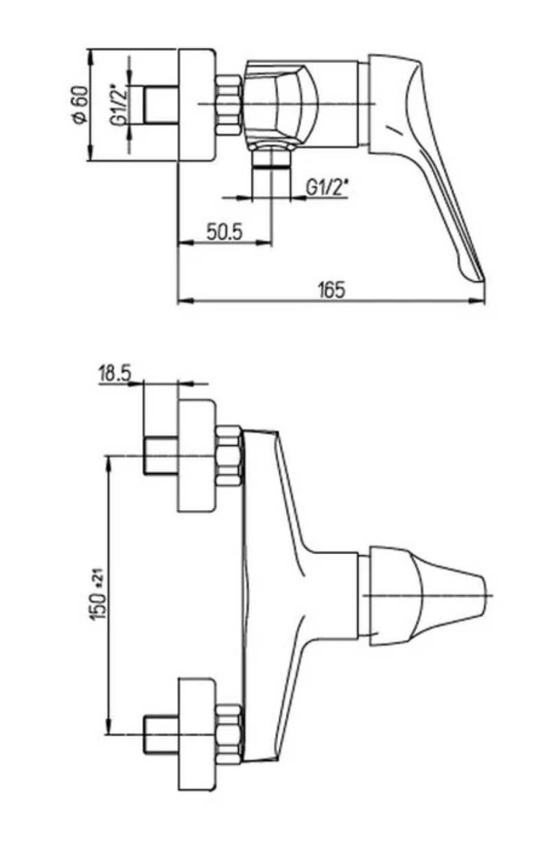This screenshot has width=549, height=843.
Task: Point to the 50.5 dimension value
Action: pos(224,232)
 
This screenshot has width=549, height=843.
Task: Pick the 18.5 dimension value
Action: pos(114,373)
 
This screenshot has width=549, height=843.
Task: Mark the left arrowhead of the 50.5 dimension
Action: pos(186,243)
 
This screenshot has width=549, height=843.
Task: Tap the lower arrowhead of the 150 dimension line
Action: pos(108,724)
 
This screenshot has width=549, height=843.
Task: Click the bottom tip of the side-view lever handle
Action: pos(482,279)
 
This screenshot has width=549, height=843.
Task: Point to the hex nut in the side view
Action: pos(229,104)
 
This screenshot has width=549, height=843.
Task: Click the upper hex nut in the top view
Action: pos(229,455)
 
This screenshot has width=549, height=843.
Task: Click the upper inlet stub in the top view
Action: pos(161,455)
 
